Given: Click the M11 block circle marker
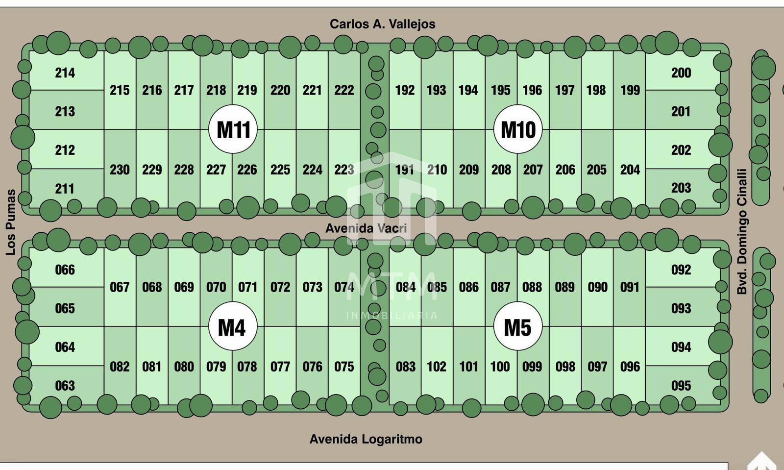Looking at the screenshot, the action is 233,129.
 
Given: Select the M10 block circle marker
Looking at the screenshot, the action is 518,129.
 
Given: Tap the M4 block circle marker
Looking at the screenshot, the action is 233,326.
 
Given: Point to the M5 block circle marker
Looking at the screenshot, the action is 518,326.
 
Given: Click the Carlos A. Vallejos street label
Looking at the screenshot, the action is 383,24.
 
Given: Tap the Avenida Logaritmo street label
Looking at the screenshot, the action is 366,439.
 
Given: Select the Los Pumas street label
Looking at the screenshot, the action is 11,222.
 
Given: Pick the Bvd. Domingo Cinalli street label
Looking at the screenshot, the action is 742,232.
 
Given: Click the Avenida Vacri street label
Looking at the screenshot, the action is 366,228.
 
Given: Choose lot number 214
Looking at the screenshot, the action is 65,73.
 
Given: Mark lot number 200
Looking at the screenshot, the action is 681,73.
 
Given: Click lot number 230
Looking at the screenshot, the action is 120,170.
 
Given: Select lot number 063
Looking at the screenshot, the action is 65,386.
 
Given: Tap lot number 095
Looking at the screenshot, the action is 681,386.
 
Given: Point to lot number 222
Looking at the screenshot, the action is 344,90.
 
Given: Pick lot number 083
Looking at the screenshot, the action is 406,367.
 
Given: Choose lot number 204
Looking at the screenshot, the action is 630,170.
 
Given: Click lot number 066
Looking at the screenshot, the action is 65,270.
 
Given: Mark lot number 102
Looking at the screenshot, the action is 437,367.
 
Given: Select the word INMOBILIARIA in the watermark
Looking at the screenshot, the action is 392,316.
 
